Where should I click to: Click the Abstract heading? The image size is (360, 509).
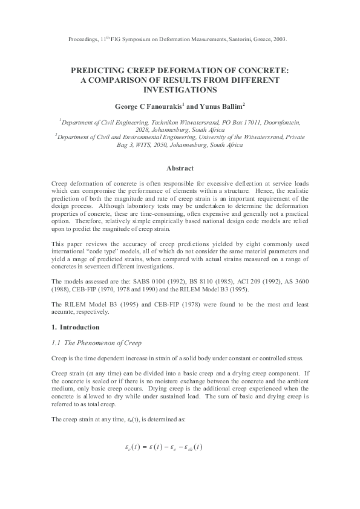(x=180, y=168)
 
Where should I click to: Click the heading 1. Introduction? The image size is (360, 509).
(x=76, y=327)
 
